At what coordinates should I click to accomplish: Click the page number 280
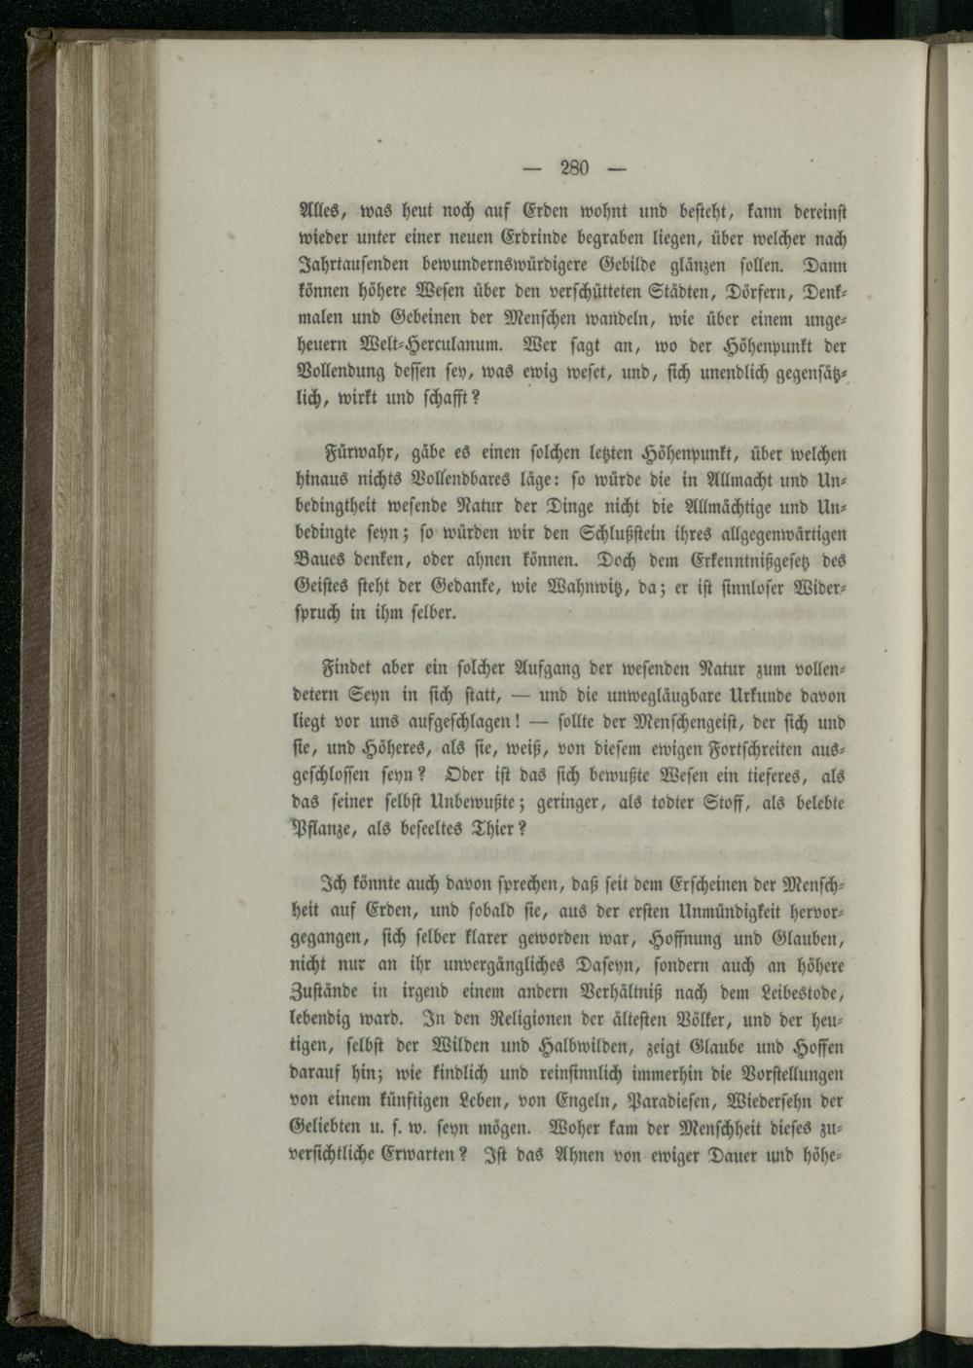click(576, 168)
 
